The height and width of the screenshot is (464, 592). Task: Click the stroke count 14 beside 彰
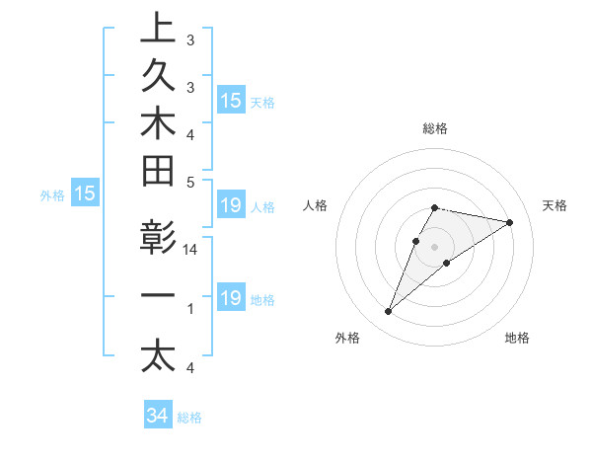coord(190,251)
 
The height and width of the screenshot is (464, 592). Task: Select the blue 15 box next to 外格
coord(85,194)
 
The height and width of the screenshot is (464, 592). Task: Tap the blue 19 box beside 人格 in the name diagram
coord(230,206)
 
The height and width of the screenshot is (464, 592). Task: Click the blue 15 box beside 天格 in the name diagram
coord(230,101)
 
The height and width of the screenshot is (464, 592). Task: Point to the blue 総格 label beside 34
coord(189,418)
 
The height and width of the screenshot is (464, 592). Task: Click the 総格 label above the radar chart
coord(434,128)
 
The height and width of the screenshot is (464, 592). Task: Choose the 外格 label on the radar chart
coord(347,339)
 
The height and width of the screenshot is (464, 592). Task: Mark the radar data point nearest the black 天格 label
coord(510,222)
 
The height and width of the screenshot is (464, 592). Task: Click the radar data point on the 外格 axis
coord(389,312)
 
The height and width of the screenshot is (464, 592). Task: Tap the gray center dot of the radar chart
coord(434,247)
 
